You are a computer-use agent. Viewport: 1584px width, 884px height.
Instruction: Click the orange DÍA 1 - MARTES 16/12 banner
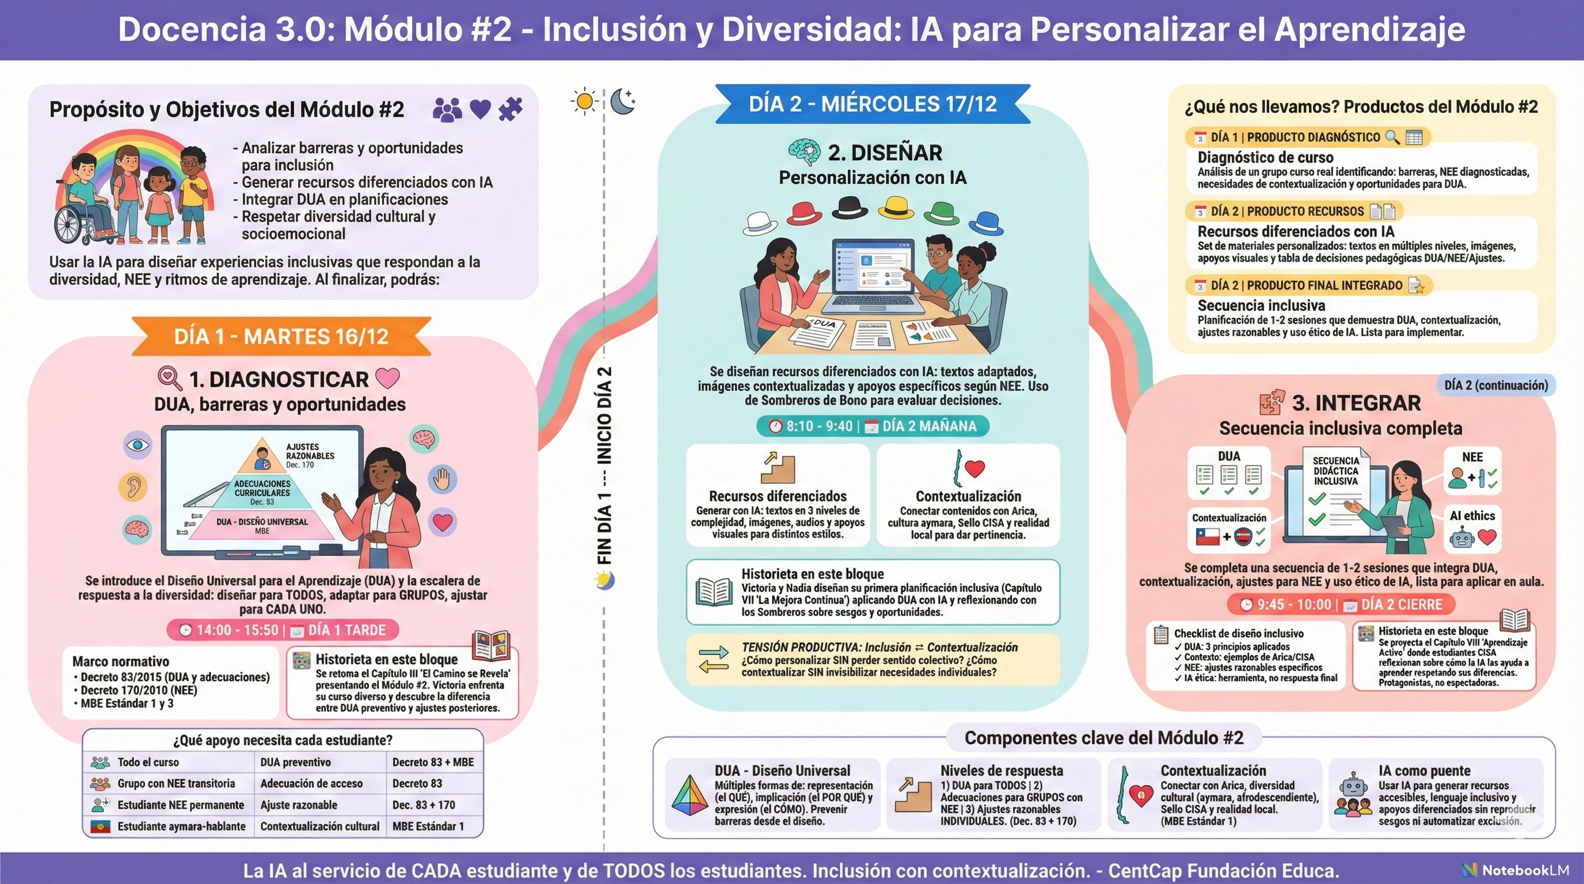click(x=281, y=336)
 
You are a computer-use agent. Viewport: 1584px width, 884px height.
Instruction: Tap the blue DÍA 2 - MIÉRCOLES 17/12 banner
click(x=873, y=104)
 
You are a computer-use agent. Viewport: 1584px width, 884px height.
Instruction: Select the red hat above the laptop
click(x=804, y=213)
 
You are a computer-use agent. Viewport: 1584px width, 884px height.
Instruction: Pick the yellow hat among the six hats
click(x=896, y=208)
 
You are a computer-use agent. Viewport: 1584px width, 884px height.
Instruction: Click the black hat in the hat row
click(x=850, y=207)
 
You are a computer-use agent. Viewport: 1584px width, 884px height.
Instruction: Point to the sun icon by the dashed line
click(x=584, y=101)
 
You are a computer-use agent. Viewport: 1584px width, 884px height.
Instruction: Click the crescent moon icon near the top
click(x=623, y=101)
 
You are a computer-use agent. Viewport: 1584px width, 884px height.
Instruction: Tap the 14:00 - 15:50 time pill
click(x=282, y=630)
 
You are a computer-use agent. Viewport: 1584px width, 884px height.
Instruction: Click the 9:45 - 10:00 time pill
click(x=1341, y=604)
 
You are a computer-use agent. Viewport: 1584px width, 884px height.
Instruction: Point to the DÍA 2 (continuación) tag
click(x=1495, y=386)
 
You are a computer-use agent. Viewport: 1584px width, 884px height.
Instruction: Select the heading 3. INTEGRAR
click(x=1356, y=403)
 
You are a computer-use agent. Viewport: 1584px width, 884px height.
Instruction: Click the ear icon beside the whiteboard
click(x=133, y=486)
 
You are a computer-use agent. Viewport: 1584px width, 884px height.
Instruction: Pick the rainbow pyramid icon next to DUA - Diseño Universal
click(x=690, y=795)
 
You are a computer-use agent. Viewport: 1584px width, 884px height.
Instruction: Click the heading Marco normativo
click(x=120, y=661)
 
